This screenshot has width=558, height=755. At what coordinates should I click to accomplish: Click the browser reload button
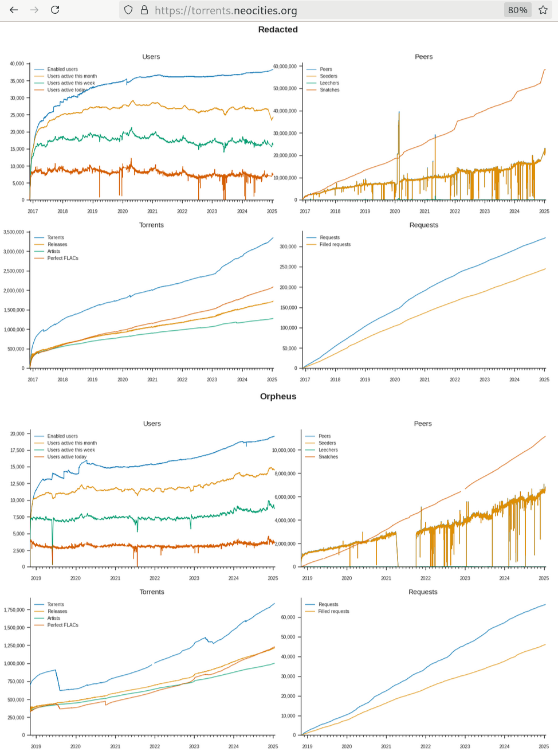pos(55,10)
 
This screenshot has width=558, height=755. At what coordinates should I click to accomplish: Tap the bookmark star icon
pos(543,10)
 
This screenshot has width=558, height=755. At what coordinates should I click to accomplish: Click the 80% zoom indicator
pos(517,10)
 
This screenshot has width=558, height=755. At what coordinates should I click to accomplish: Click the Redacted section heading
pos(278,29)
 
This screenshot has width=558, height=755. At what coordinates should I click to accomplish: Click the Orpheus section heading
pos(278,396)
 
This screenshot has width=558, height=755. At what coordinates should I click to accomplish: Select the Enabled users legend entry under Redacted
pos(62,69)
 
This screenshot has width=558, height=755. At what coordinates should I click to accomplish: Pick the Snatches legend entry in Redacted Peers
pos(329,90)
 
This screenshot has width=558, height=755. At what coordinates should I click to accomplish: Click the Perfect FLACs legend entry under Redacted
pos(62,258)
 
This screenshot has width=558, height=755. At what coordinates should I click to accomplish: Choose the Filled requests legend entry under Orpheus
pos(333,611)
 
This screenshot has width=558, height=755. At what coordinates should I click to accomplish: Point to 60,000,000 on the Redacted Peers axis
pos(285,66)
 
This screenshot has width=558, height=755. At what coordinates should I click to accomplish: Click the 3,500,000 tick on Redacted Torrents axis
pos(14,232)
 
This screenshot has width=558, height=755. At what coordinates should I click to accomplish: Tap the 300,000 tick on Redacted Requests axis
pos(288,247)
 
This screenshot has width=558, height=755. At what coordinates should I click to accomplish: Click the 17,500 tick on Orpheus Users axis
pos(17,451)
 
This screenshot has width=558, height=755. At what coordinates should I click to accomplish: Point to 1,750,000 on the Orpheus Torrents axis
pos(14,610)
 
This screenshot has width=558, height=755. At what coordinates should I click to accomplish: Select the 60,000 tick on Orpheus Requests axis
pos(288,617)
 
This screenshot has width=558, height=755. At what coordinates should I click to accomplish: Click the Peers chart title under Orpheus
pos(423,424)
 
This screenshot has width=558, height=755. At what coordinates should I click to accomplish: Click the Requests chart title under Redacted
pos(423,225)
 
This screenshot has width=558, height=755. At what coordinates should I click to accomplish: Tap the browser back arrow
pos(14,10)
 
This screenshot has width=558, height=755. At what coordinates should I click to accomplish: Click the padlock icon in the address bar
pos(144,10)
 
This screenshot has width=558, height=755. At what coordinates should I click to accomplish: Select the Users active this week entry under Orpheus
pos(71,450)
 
